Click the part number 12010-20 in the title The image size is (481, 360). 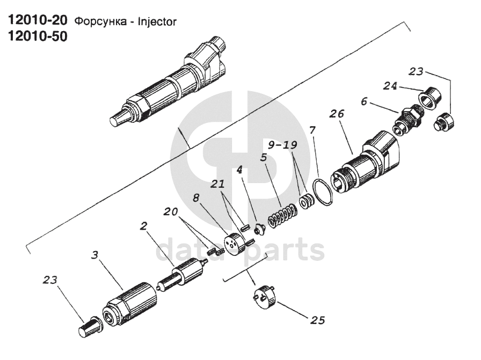(37, 21)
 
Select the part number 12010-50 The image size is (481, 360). (37, 37)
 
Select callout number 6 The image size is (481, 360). (365, 101)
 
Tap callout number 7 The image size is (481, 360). (313, 130)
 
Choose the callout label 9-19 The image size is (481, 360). (283, 145)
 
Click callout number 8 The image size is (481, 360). (196, 197)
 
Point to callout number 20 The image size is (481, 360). (170, 212)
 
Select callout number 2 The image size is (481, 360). (143, 226)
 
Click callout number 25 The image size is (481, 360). (317, 320)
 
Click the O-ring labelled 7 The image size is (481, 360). (323, 192)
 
